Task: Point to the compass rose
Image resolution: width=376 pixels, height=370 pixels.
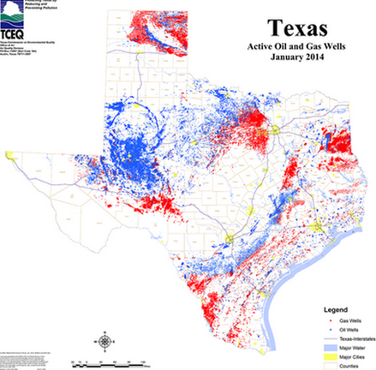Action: click(104, 342)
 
